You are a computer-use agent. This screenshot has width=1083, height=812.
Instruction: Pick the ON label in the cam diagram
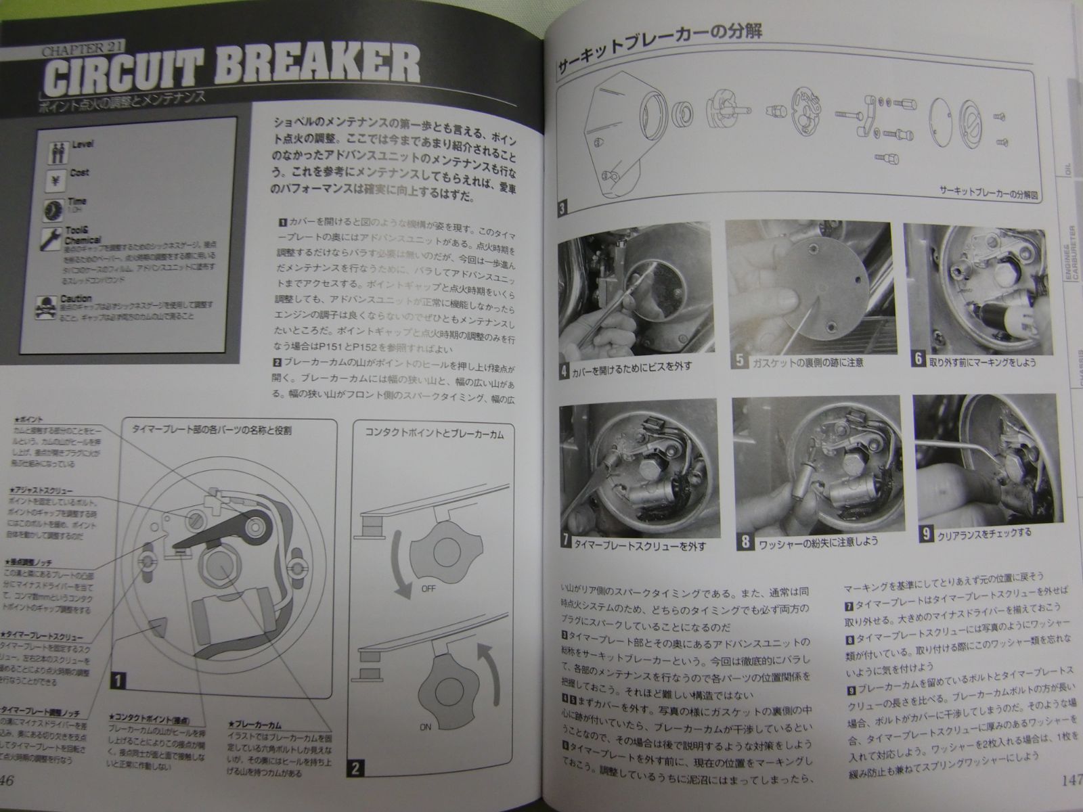pyautogui.click(x=424, y=727)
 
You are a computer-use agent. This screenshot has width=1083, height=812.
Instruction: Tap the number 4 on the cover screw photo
pyautogui.click(x=564, y=370)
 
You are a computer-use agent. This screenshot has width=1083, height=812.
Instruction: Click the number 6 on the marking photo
pyautogui.click(x=919, y=359)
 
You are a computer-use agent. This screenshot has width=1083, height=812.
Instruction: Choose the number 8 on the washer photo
pyautogui.click(x=745, y=541)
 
